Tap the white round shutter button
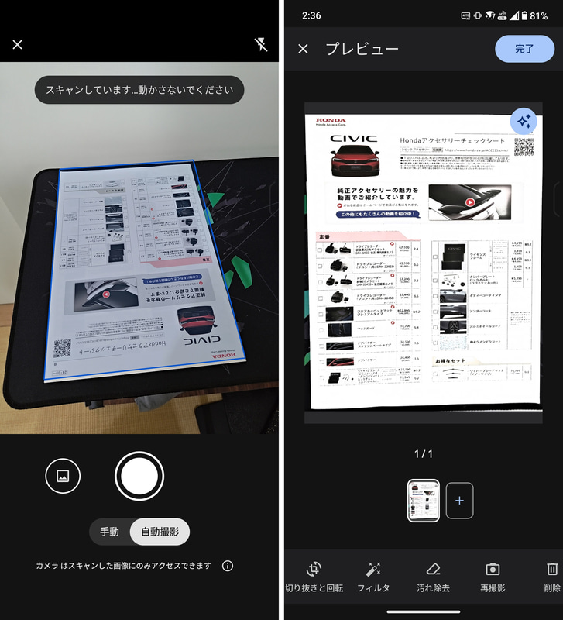point(139,476)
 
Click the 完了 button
point(524,48)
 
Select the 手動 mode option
point(109,532)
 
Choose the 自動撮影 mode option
point(160,532)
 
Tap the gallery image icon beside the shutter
point(63,476)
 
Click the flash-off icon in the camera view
point(261,44)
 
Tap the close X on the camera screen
point(18,44)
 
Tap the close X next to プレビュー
point(303,49)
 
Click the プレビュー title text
point(362,49)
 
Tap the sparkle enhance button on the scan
point(524,122)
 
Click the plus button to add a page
point(459,500)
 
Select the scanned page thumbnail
point(424,500)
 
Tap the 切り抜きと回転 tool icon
point(314,570)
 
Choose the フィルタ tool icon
point(373,570)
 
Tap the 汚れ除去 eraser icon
point(433,570)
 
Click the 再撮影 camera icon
point(492,570)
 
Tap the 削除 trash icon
point(551,570)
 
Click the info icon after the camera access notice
point(228,566)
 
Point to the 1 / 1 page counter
point(424,454)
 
